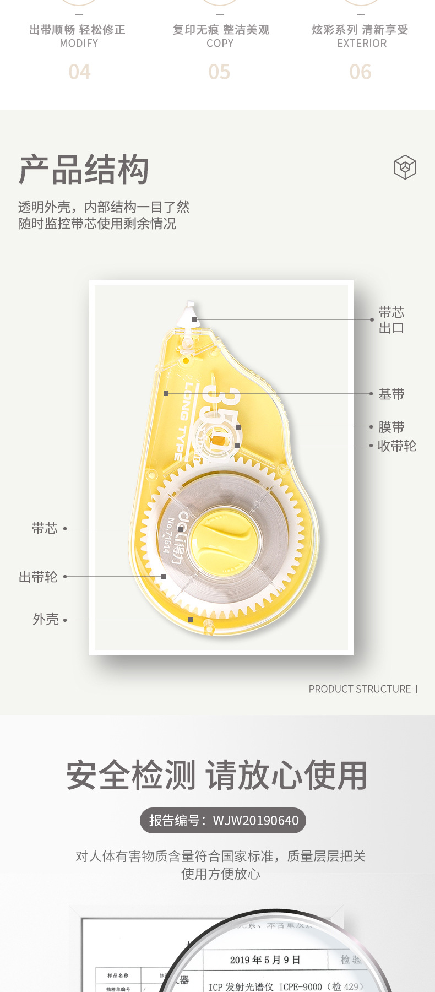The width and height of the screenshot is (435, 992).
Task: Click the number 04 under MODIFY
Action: [x=79, y=72]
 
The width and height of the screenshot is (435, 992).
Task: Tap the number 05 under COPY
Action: [x=219, y=72]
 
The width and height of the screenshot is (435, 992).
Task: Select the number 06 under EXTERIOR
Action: [x=360, y=72]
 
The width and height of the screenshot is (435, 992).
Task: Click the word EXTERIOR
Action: [x=362, y=44]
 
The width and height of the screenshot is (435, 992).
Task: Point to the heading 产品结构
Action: [x=84, y=170]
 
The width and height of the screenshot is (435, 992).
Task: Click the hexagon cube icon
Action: [x=405, y=167]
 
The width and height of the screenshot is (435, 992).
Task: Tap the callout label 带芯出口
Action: [x=391, y=320]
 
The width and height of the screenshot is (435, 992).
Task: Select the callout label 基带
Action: [x=391, y=394]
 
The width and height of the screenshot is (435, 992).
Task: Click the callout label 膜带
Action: [x=391, y=427]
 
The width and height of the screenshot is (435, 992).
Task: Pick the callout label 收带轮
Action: [x=396, y=446]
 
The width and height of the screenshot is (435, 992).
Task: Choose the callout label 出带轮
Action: [x=38, y=577]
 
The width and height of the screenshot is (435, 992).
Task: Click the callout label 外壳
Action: [x=45, y=620]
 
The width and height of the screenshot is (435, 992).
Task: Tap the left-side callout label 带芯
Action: [x=44, y=529]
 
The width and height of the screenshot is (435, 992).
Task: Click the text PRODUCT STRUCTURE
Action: [x=360, y=689]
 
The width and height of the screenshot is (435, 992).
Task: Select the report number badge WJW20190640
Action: [x=223, y=821]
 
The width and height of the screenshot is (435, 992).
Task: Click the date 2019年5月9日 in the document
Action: [x=265, y=960]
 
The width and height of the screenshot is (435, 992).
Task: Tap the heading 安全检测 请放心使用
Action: [x=217, y=775]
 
